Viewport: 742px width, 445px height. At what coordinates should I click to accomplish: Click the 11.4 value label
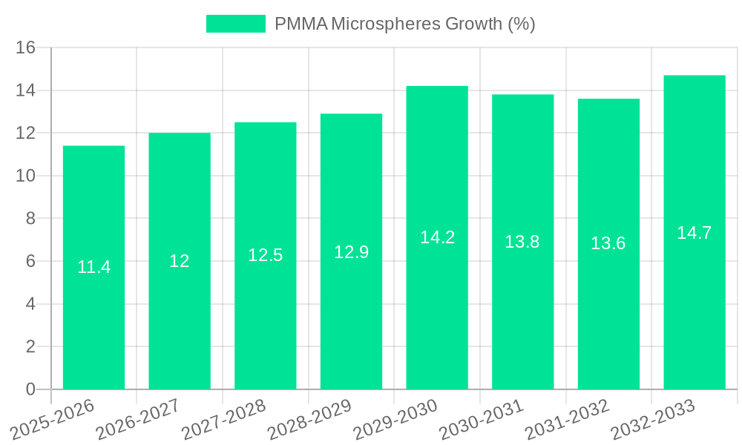93,267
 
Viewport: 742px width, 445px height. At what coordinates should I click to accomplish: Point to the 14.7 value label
695,233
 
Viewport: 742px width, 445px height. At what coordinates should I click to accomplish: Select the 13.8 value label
522,242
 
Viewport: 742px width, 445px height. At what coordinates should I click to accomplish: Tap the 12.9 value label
351,252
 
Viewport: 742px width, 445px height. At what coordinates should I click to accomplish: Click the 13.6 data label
608,243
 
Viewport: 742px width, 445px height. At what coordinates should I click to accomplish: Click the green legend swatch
235,24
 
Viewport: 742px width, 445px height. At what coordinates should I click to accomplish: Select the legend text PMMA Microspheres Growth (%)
405,24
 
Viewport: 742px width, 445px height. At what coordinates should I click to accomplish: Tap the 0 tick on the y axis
30,389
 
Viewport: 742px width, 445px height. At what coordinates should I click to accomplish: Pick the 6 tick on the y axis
30,262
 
